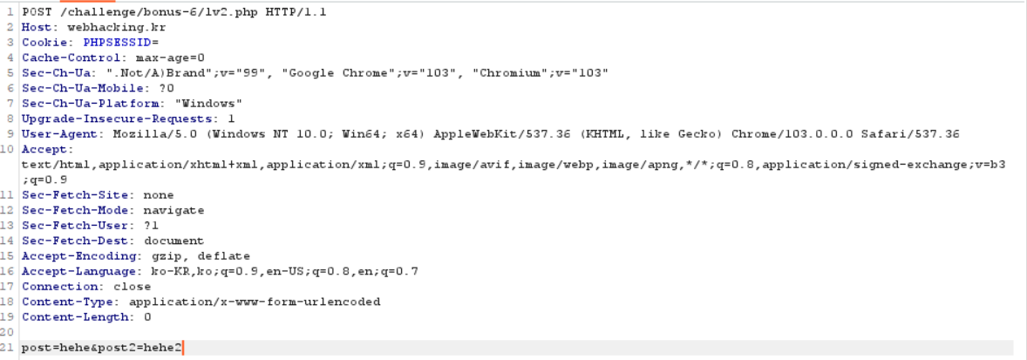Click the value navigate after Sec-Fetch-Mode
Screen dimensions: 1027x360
pyautogui.click(x=173, y=210)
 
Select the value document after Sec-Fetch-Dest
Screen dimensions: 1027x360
pyautogui.click(x=173, y=241)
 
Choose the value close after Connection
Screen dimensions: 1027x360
pyautogui.click(x=132, y=286)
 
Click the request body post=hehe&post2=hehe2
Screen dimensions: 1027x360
pyautogui.click(x=102, y=348)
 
